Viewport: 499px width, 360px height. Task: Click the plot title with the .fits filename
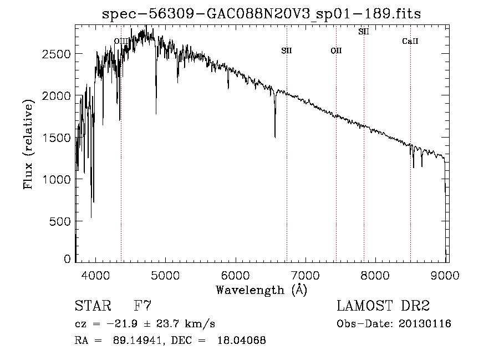pyautogui.click(x=262, y=14)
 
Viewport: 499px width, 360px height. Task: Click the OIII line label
pyautogui.click(x=121, y=41)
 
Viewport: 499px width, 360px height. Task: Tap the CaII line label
pyautogui.click(x=410, y=41)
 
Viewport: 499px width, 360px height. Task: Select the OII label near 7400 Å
pyautogui.click(x=336, y=51)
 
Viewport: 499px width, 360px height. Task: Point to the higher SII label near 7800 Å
pyautogui.click(x=364, y=32)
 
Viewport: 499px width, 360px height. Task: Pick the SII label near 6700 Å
pyautogui.click(x=287, y=51)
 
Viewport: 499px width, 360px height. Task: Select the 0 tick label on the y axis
pyautogui.click(x=68, y=259)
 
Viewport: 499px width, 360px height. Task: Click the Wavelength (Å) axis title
pyautogui.click(x=261, y=290)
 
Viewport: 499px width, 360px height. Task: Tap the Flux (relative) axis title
pyautogui.click(x=28, y=144)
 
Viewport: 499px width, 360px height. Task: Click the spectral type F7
pyautogui.click(x=143, y=306)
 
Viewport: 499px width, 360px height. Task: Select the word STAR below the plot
pyautogui.click(x=93, y=306)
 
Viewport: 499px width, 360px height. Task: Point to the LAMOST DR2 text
pyautogui.click(x=383, y=306)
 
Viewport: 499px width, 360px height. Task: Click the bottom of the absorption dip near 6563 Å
pyautogui.click(x=275, y=136)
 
